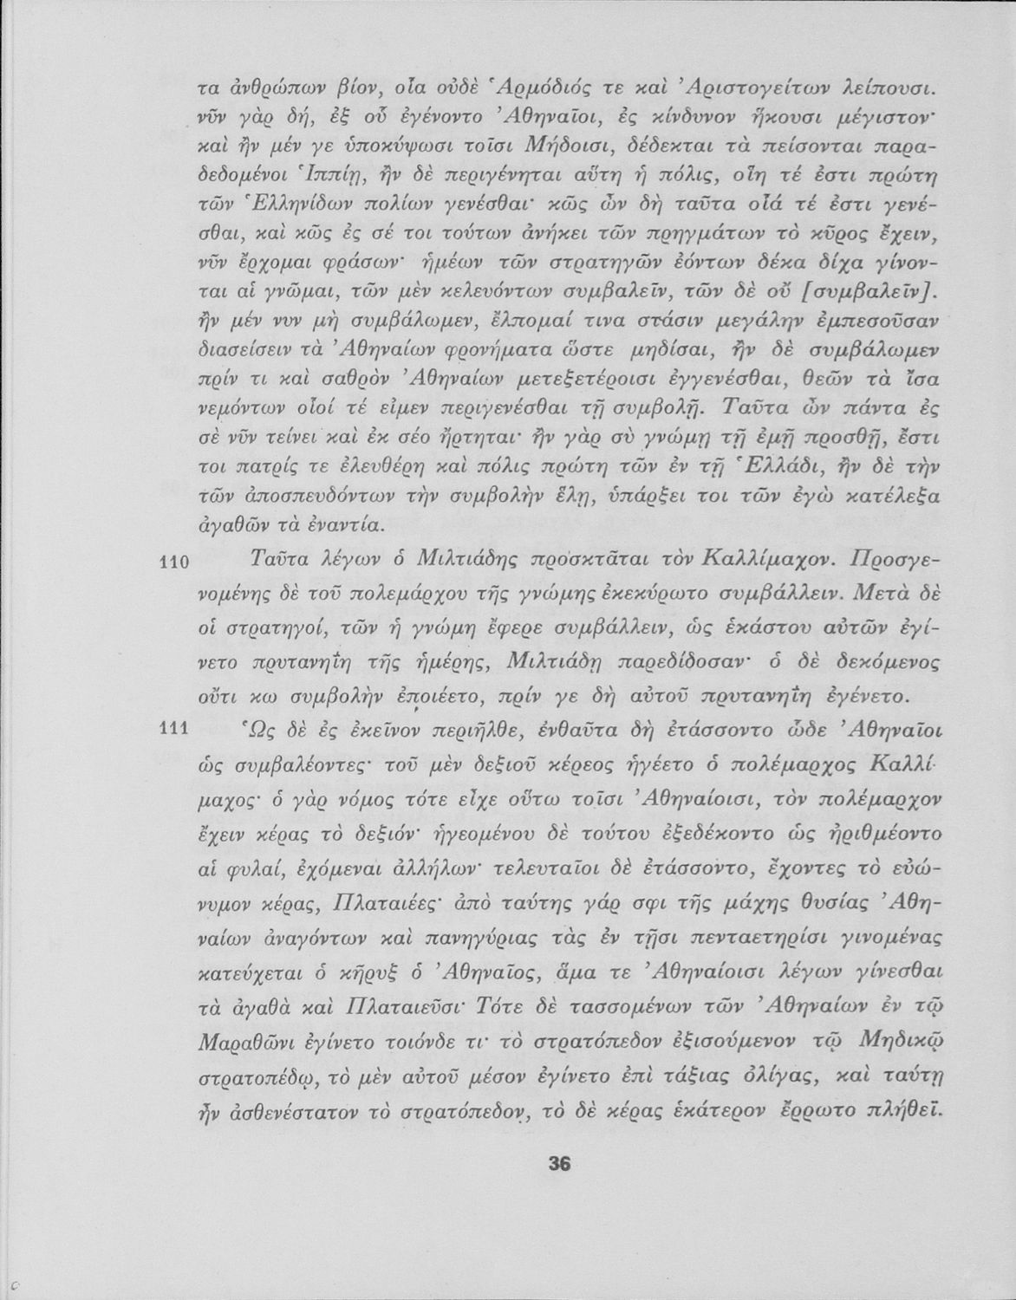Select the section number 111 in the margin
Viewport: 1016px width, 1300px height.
click(175, 729)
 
